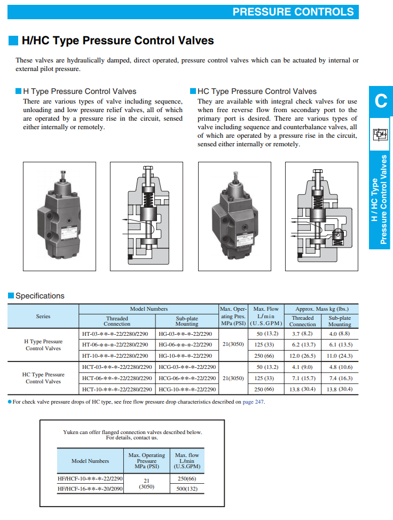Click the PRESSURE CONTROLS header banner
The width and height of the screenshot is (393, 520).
(293, 12)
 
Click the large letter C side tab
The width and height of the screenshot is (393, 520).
(381, 100)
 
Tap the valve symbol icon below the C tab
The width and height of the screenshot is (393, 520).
(381, 133)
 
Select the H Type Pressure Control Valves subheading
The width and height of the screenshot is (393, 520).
(80, 91)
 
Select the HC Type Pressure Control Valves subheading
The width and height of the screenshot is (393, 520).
(257, 91)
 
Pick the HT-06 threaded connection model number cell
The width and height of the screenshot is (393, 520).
(116, 344)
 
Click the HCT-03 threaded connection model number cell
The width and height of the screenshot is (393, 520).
(117, 367)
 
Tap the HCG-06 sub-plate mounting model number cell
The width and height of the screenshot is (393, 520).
(187, 378)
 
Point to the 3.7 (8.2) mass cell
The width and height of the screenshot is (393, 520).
(302, 333)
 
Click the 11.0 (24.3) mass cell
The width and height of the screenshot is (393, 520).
(340, 356)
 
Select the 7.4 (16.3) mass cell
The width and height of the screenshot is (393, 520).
(340, 378)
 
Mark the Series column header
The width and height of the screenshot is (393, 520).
(43, 316)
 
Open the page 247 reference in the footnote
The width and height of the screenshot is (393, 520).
(254, 402)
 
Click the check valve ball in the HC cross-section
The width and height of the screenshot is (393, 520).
(337, 233)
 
